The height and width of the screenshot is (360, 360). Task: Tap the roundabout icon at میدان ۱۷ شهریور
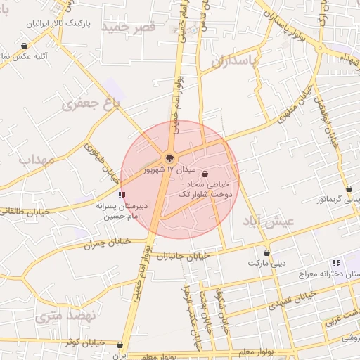169,157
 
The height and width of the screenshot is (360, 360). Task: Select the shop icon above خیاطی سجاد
205,174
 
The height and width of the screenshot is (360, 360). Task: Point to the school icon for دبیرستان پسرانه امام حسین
122,195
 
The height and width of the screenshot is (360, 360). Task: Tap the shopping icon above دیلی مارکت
266,252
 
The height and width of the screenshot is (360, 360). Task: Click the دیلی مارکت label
267,263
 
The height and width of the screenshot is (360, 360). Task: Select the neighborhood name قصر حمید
127,26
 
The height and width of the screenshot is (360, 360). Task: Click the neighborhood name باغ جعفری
91,104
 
